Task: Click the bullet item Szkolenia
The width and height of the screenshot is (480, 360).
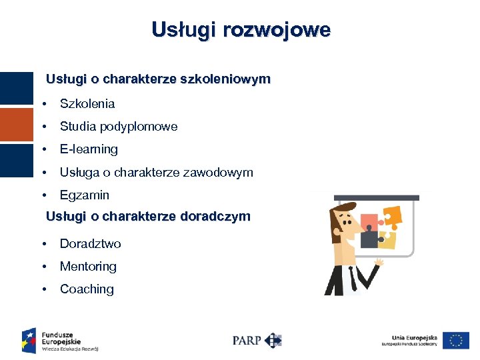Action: [x=87, y=103]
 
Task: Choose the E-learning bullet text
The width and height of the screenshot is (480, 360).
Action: [x=89, y=149]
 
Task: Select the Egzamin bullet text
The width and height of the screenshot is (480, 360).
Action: [x=85, y=195]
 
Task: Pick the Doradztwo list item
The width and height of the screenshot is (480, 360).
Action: [x=91, y=243]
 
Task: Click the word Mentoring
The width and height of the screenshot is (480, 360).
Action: [x=88, y=266]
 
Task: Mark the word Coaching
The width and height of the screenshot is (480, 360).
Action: [x=87, y=289]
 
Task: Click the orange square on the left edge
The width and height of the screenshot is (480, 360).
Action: [x=16, y=125]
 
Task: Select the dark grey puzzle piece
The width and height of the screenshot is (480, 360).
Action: [x=369, y=236]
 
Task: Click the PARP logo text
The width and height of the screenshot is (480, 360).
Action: [x=247, y=340]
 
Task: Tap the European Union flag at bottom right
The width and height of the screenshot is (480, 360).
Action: [x=456, y=340]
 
